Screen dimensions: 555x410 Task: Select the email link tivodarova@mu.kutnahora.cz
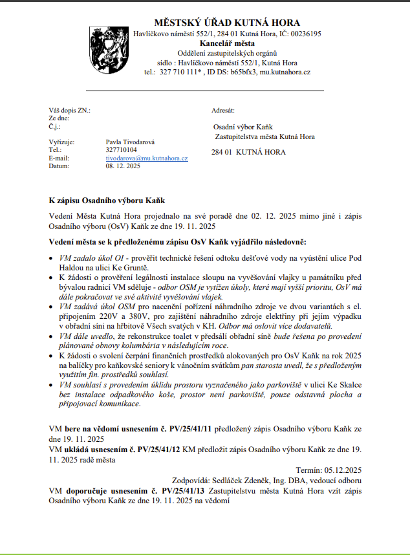pyautogui.click(x=147, y=158)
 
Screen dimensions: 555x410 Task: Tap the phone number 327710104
pyautogui.click(x=122, y=149)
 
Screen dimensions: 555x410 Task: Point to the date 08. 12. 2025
pyautogui.click(x=123, y=166)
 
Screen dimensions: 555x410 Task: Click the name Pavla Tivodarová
pyautogui.click(x=130, y=141)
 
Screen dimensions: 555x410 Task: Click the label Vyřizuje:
pyautogui.click(x=62, y=141)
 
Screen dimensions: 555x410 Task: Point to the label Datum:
pyautogui.click(x=59, y=166)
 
